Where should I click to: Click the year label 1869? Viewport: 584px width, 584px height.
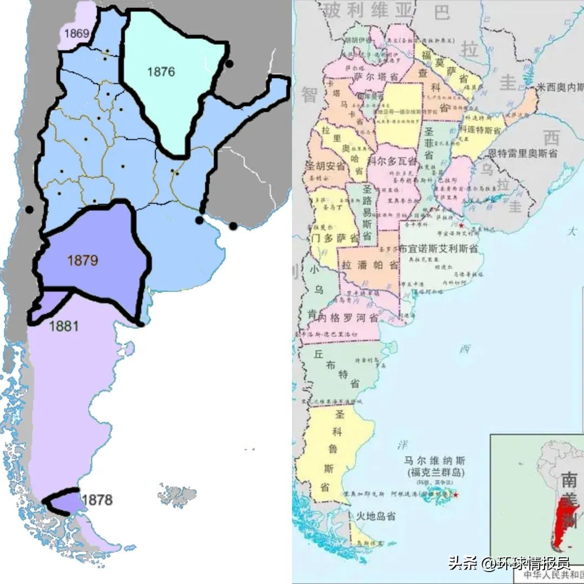click(77, 34)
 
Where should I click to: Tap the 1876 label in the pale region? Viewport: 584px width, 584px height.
click(161, 71)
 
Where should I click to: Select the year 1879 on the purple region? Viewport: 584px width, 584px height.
click(83, 260)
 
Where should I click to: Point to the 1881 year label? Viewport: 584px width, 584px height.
click(64, 326)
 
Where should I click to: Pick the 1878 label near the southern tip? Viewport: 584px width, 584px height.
click(98, 499)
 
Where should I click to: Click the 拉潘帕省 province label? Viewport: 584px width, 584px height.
click(370, 266)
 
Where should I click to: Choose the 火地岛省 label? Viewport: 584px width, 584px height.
click(372, 516)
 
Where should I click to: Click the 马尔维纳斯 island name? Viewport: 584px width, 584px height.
click(434, 461)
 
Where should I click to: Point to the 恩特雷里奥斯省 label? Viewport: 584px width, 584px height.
click(522, 154)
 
